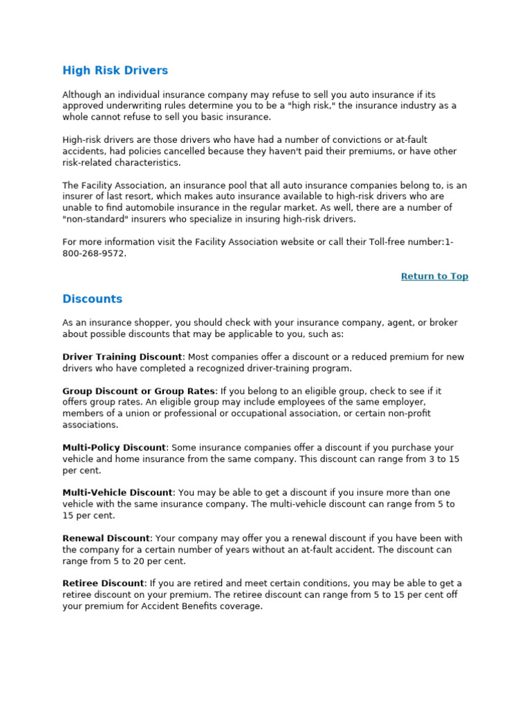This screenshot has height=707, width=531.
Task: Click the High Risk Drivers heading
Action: coord(115,70)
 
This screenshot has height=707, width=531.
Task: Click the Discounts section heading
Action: coord(92,299)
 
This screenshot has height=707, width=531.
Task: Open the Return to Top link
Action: coord(434,276)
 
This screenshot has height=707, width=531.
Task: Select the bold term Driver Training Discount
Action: coord(122,357)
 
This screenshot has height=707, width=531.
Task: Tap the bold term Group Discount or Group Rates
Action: coord(138,391)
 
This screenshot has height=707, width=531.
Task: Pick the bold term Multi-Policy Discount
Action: coord(114,447)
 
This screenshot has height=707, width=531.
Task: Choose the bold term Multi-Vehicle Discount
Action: coord(117,492)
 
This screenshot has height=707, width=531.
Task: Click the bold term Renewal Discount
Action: coord(106,538)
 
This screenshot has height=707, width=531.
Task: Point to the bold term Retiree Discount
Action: coord(103,583)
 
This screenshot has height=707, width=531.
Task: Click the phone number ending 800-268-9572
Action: coord(95,253)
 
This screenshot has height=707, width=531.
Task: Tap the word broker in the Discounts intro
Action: coord(443,322)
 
